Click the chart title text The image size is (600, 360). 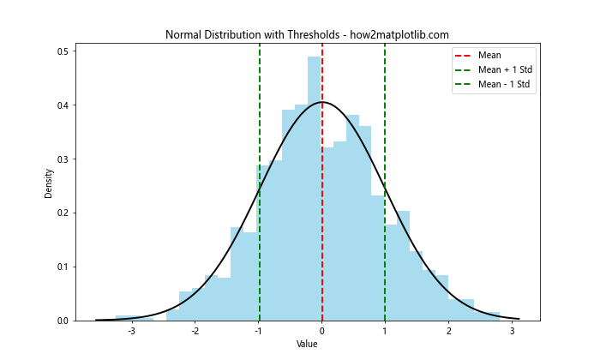307,34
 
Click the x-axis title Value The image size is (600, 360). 307,344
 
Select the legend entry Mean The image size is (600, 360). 489,56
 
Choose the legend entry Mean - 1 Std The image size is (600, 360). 502,85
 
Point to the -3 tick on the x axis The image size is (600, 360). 130,331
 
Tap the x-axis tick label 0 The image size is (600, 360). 322,331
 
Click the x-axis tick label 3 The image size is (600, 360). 512,331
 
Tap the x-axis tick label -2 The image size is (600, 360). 194,331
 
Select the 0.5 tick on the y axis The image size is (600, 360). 63,51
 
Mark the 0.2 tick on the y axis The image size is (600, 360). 63,213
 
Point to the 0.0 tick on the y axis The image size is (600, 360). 63,321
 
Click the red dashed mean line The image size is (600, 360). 322,214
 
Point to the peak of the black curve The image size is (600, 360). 322,102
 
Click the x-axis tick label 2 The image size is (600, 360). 448,331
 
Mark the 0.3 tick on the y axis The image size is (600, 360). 63,159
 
